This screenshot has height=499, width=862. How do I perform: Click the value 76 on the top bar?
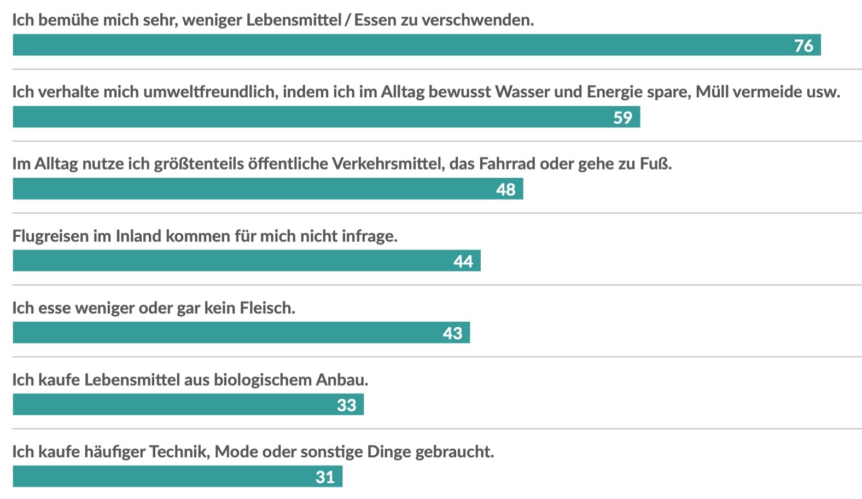click(x=803, y=46)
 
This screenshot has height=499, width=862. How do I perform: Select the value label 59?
click(x=622, y=118)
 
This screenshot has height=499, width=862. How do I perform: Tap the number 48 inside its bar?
click(x=505, y=190)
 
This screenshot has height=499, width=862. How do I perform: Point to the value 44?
click(x=463, y=262)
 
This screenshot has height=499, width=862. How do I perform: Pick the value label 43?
click(x=452, y=333)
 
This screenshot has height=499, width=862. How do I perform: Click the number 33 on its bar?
click(x=346, y=405)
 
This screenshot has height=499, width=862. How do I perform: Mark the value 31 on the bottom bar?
click(x=325, y=477)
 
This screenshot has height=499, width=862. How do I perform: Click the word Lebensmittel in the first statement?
click(x=294, y=20)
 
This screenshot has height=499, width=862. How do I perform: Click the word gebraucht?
click(x=454, y=452)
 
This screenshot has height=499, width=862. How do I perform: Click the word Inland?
click(x=138, y=236)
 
